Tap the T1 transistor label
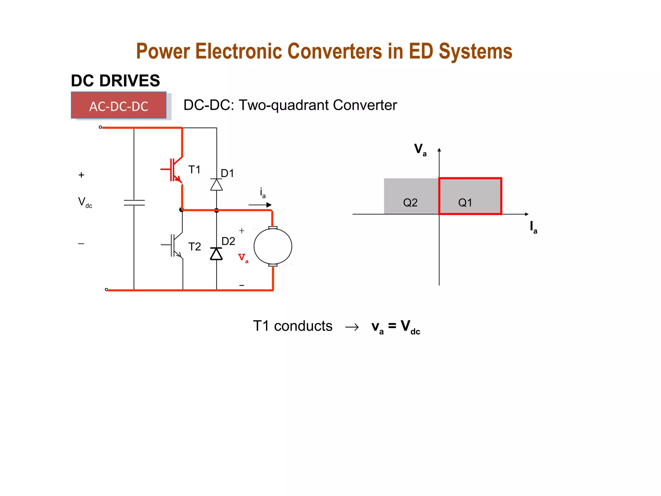click(194, 170)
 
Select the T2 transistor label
click(194, 247)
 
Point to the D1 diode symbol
click(216, 185)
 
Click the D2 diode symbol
click(216, 254)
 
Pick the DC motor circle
click(273, 246)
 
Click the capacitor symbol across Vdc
click(134, 203)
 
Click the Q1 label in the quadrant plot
click(465, 203)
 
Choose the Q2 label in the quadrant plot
click(410, 203)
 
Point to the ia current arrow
click(260, 205)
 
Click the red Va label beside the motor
click(243, 258)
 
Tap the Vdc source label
click(85, 202)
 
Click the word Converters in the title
click(334, 51)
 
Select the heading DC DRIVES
click(115, 81)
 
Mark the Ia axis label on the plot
click(533, 227)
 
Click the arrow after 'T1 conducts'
click(352, 327)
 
